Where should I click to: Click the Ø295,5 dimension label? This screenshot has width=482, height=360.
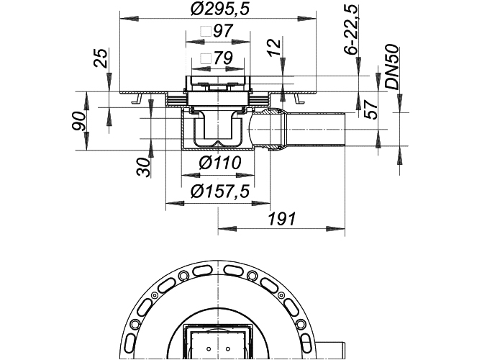(219, 9)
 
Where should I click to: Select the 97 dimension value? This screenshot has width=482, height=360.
(223, 31)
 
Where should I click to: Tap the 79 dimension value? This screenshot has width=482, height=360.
(222, 58)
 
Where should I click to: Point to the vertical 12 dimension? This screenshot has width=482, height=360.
(276, 47)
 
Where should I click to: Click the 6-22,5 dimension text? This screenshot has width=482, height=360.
(351, 30)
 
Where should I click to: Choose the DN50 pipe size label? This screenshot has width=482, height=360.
(393, 68)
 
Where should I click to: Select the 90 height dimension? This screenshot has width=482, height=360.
(78, 121)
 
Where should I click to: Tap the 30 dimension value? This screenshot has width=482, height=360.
(144, 167)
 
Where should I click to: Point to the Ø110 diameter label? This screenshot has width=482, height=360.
(220, 163)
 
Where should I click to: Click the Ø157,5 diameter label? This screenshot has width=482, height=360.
(219, 192)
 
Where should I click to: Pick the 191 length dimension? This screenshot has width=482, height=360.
(282, 219)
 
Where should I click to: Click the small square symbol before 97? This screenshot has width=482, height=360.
(206, 31)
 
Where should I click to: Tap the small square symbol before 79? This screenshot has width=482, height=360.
(206, 58)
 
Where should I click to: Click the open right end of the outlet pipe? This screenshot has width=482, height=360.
(345, 129)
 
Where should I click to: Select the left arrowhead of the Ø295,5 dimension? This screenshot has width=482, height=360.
(129, 19)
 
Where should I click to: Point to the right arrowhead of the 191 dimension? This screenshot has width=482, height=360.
(336, 229)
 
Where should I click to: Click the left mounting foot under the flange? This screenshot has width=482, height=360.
(137, 99)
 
